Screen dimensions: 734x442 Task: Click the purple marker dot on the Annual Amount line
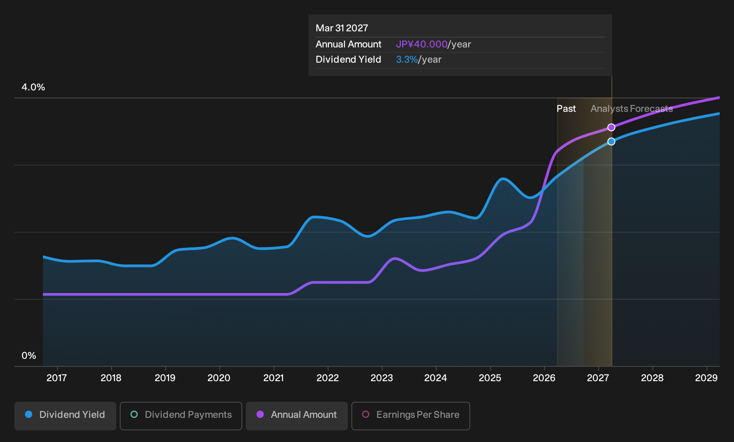(x=611, y=127)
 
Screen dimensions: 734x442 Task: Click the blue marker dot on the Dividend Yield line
(x=611, y=142)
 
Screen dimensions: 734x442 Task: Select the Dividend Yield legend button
(x=65, y=416)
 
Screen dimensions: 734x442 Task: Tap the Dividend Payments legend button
(x=181, y=416)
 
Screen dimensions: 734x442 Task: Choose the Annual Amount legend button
(x=296, y=416)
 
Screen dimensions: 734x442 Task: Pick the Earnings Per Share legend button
(x=410, y=416)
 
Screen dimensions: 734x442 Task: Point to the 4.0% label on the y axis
(x=33, y=87)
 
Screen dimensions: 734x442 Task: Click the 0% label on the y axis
(x=29, y=356)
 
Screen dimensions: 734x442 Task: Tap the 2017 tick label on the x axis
(x=57, y=378)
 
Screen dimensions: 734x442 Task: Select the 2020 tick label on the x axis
(x=219, y=378)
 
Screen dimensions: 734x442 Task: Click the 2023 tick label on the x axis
(x=382, y=378)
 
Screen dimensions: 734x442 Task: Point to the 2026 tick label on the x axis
(x=544, y=378)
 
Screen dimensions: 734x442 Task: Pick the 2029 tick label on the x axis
(x=706, y=378)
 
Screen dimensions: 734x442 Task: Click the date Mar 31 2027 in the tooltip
(x=342, y=28)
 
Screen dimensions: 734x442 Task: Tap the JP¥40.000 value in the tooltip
(x=422, y=44)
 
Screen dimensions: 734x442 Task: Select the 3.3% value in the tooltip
(x=407, y=59)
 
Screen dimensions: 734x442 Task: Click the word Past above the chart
(x=566, y=109)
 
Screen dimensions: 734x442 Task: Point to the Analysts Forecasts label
(x=632, y=109)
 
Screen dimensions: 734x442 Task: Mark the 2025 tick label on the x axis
(x=490, y=378)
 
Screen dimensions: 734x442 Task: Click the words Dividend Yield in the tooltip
(x=348, y=59)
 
